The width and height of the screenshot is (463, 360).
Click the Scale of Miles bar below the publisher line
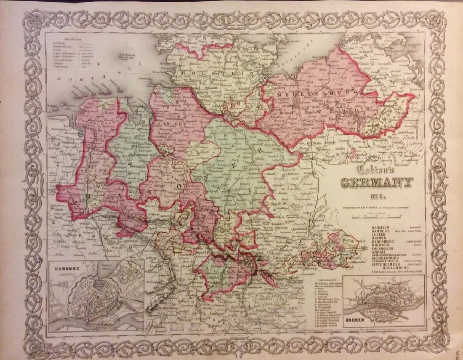pyautogui.click(x=376, y=217)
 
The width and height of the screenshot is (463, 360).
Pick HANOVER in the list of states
pyautogui.click(x=381, y=228)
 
